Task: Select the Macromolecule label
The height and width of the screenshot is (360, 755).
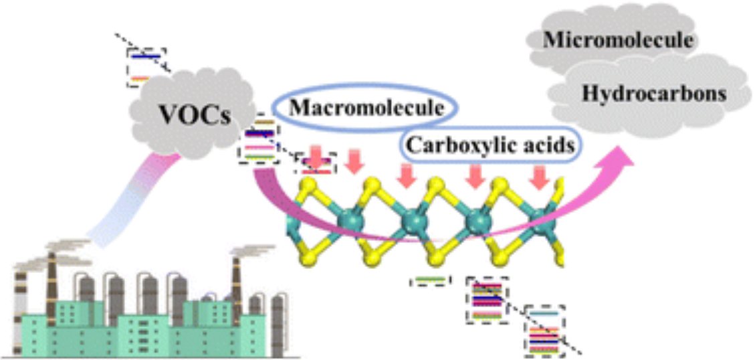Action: pos(360,108)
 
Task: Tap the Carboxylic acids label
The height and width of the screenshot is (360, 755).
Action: pos(490,145)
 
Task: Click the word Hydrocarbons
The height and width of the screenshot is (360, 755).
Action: pos(654,94)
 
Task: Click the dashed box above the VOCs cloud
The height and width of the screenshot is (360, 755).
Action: pos(146,67)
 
